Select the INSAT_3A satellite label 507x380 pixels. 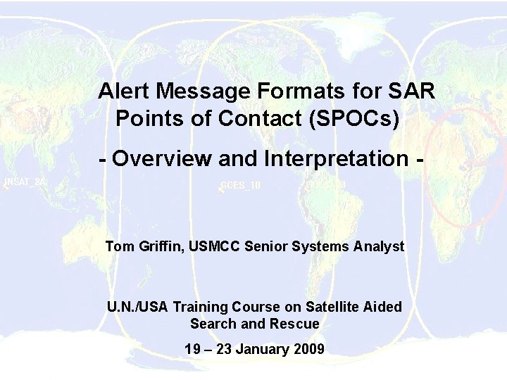(x=25, y=181)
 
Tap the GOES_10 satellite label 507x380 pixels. (x=241, y=186)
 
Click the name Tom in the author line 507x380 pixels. (x=118, y=246)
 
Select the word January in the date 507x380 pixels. (x=261, y=348)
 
